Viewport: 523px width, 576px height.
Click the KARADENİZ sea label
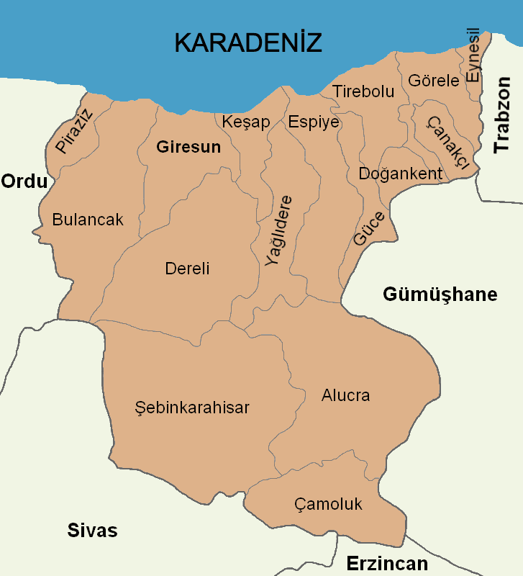pos(247,42)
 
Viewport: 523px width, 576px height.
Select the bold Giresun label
pos(188,147)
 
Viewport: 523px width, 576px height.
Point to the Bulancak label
pos(88,220)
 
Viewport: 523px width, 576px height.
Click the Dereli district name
pos(187,269)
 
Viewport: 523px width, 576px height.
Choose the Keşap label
pos(246,122)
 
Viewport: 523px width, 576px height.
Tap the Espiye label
pos(313,122)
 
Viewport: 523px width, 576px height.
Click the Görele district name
pos(433,81)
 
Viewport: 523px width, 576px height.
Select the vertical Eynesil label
pos(473,55)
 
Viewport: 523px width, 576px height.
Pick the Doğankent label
pos(400,174)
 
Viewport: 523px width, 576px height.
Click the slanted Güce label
pos(369,229)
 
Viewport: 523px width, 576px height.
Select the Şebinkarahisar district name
pos(192,408)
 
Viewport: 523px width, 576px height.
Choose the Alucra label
pos(345,395)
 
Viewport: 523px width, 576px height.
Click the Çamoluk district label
pos(328,504)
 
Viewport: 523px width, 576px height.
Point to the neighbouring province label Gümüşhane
pos(440,294)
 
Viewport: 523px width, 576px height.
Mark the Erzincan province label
pos(387,563)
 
